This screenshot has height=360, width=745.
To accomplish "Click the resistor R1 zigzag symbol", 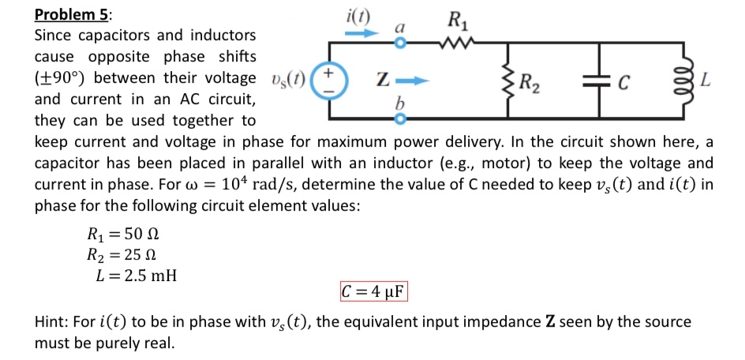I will click(457, 43).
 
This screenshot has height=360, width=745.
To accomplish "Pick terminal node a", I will click(399, 43).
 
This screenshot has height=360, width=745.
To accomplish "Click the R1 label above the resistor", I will click(457, 21).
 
